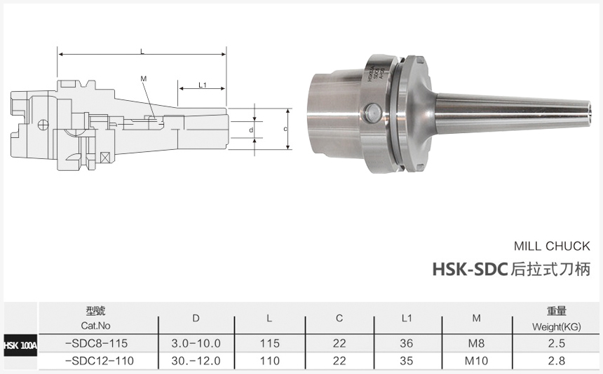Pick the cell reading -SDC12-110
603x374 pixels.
98,361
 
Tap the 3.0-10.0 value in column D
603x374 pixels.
196,343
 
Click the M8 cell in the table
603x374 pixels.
476,343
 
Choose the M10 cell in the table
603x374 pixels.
476,361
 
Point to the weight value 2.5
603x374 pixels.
557,343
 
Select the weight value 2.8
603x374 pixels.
557,361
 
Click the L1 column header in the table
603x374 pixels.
407,319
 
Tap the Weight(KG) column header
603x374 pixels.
557,326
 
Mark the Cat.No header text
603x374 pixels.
96,326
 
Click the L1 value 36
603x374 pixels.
407,343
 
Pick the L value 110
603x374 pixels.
269,361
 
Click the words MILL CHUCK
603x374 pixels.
552,246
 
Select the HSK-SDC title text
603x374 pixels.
469,268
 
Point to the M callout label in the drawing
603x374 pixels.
143,78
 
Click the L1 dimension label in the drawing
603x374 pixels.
202,85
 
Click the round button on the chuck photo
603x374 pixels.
372,111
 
